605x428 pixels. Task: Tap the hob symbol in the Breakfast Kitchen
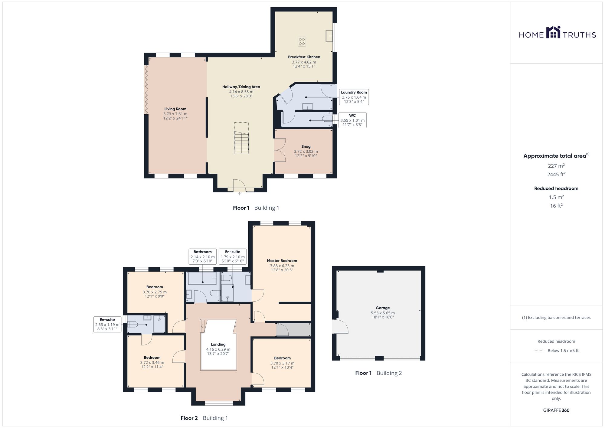[x=302, y=41]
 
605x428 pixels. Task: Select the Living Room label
[x=175, y=109]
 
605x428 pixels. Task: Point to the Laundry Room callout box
[x=354, y=97]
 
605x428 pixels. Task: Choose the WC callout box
[x=352, y=120]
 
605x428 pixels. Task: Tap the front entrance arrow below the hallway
[x=239, y=194]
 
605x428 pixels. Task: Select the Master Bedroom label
[x=282, y=261]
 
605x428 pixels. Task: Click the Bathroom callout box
[x=203, y=256]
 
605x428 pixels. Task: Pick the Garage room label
[x=383, y=308]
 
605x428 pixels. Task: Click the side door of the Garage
[x=340, y=327]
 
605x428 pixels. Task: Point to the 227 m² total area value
[x=556, y=166]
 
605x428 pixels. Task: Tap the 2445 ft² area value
[x=556, y=175]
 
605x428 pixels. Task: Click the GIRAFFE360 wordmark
[x=556, y=410]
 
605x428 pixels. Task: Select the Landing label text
[x=218, y=345]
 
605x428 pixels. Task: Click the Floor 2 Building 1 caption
[x=204, y=418]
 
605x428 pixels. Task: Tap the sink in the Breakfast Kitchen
[x=329, y=36]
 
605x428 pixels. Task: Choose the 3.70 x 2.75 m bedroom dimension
[x=155, y=292]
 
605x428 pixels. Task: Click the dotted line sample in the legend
[x=539, y=351]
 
